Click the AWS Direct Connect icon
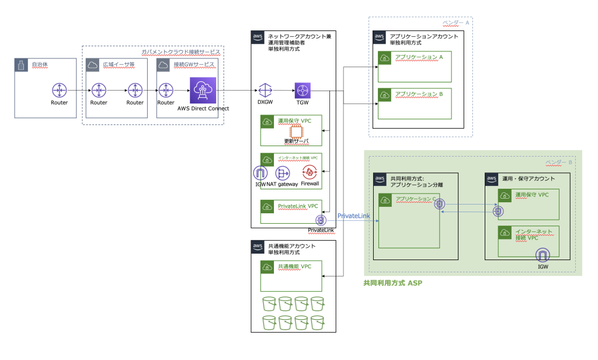pos(203,91)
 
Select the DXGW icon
pos(265,91)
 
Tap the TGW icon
pos(303,91)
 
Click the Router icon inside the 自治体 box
pos(59,91)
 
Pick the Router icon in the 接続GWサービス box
pos(166,91)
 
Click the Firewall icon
pos(310,173)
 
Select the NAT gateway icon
pos(283,173)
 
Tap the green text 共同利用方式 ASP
pos(392,283)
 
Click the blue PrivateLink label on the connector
pos(353,216)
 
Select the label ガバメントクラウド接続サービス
pos(180,52)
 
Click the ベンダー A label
pos(456,22)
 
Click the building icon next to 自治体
pos(20,65)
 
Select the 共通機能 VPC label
pos(294,266)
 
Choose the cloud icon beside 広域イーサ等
pos(92,65)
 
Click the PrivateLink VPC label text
pos(298,206)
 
